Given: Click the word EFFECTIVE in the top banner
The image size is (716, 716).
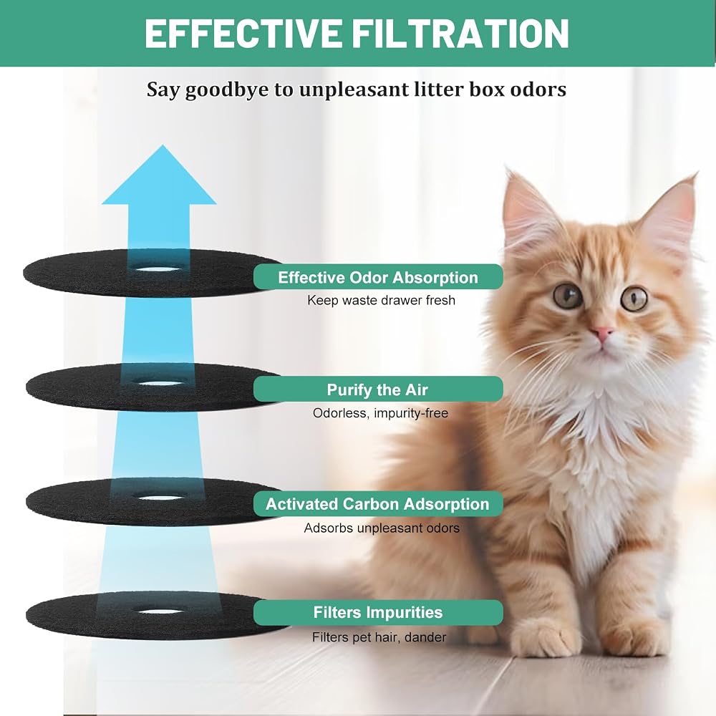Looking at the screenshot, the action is (x=243, y=33).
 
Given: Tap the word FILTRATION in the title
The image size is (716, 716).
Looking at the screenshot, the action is (x=460, y=33).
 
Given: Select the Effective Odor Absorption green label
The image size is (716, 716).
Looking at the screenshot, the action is (x=378, y=277).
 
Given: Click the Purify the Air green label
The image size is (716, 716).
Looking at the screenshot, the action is (x=378, y=390).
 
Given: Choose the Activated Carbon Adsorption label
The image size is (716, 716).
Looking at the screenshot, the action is (x=378, y=503).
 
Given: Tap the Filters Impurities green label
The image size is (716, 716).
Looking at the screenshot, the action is (x=378, y=612).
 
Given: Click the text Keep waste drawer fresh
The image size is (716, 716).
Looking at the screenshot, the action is (x=382, y=301).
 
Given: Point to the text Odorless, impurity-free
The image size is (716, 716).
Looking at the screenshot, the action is (x=380, y=413).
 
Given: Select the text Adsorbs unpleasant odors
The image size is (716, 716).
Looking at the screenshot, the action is (x=382, y=528).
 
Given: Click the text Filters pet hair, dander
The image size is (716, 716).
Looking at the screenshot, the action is (x=379, y=637).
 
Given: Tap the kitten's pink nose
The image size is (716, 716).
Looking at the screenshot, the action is (x=602, y=333).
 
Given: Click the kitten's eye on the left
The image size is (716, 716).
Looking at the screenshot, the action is (x=569, y=296).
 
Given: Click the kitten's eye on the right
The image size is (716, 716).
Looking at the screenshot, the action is (x=634, y=299).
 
